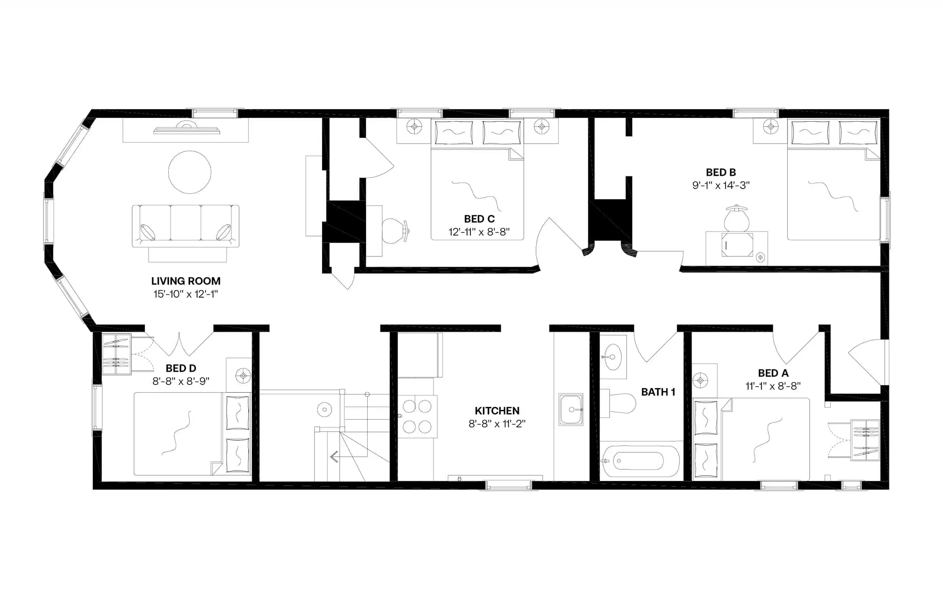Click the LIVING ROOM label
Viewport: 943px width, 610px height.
[185, 281]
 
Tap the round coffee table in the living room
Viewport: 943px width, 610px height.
[189, 172]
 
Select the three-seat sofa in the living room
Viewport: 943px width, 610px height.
[185, 226]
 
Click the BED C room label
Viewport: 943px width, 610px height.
[479, 219]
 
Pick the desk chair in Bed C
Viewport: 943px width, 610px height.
[395, 230]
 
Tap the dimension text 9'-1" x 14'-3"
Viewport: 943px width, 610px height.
[721, 185]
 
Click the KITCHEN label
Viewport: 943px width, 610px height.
[497, 410]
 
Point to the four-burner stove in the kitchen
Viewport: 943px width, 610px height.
[417, 416]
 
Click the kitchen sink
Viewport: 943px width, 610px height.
[571, 409]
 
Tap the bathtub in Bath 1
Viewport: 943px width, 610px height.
[639, 461]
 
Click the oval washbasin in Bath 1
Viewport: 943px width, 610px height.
[612, 357]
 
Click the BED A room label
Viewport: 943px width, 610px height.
[773, 373]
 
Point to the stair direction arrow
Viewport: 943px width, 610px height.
[334, 457]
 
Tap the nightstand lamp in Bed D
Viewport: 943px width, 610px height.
[243, 375]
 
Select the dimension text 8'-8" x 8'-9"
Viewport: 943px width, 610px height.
[180, 381]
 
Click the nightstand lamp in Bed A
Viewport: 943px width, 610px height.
[700, 380]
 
